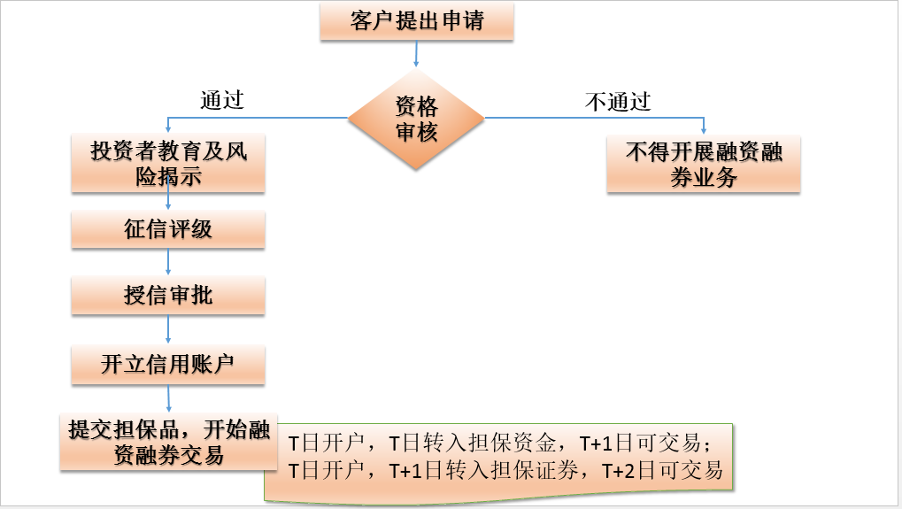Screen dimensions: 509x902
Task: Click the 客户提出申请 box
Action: tap(416, 22)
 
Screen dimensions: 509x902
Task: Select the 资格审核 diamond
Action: tap(416, 119)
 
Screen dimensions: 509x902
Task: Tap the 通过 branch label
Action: tap(221, 100)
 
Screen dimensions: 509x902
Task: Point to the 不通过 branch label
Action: tap(618, 101)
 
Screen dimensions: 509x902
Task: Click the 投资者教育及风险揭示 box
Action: tap(168, 164)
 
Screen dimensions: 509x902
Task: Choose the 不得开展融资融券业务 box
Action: tap(704, 164)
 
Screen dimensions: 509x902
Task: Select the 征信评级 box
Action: tap(168, 230)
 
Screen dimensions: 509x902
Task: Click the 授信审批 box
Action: tap(168, 295)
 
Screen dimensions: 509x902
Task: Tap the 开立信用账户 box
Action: tap(168, 364)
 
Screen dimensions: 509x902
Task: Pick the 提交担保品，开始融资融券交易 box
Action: tap(168, 442)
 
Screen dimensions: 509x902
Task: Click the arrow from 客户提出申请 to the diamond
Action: tap(416, 55)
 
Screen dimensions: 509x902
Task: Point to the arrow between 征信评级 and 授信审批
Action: tap(168, 262)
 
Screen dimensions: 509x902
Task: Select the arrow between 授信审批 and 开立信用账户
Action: tap(168, 328)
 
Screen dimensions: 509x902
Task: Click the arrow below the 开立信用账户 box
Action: tap(168, 397)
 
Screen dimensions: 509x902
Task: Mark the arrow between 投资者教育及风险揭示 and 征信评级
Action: tap(168, 202)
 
